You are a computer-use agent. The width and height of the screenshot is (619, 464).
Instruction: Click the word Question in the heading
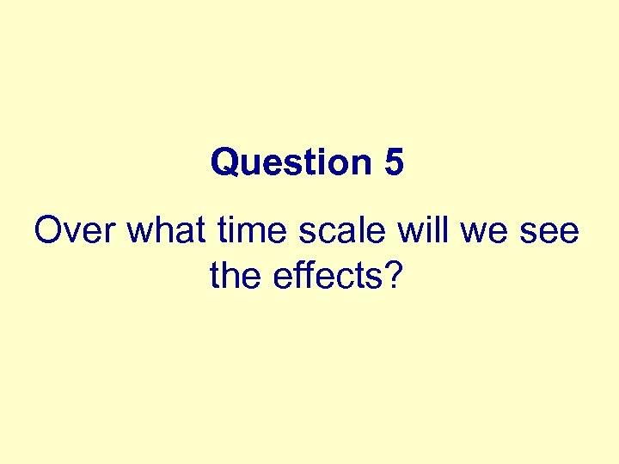tap(287, 162)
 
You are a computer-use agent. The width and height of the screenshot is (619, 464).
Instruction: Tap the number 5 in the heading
tap(394, 162)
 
